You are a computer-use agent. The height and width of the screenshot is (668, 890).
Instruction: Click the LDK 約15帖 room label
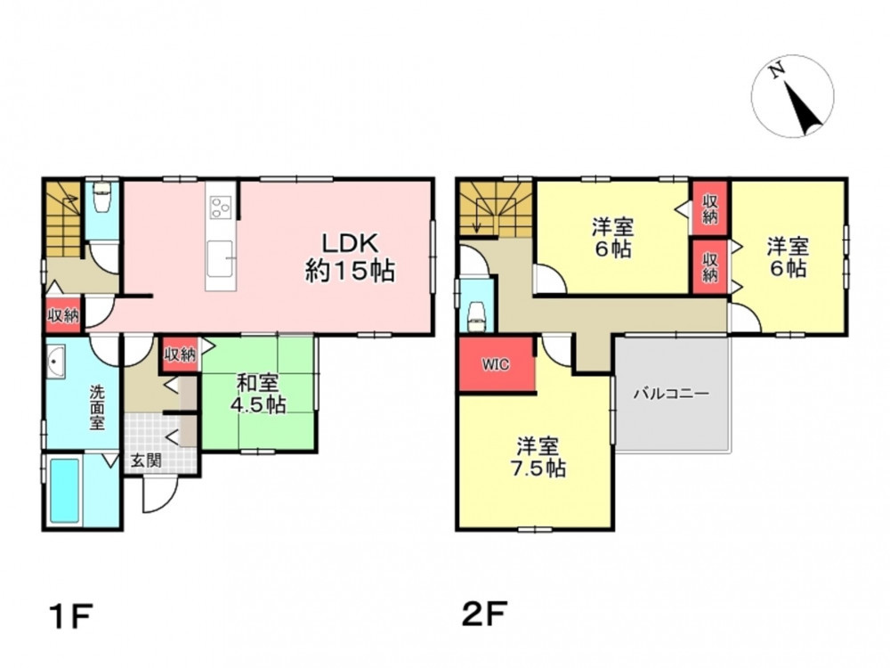tap(350, 258)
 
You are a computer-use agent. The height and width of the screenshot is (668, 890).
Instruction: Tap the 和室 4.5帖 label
tap(258, 394)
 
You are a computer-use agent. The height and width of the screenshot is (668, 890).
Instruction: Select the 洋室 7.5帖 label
tap(540, 457)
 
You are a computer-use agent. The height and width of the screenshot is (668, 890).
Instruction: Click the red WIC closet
tap(496, 364)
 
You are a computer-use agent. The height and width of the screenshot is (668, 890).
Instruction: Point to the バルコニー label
tap(671, 393)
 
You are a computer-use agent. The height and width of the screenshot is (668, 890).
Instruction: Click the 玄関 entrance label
tap(147, 460)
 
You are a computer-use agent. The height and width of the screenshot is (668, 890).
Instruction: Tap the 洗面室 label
tap(97, 407)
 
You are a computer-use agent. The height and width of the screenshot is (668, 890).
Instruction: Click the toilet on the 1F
tap(102, 197)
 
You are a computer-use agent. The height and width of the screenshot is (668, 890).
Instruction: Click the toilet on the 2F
tap(477, 314)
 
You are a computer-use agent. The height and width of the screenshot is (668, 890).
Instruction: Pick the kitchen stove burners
tap(220, 207)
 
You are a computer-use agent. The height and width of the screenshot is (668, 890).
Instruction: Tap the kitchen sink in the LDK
tap(220, 259)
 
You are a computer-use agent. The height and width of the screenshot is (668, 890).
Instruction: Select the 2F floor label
tap(483, 614)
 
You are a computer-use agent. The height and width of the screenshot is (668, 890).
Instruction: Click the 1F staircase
tap(63, 219)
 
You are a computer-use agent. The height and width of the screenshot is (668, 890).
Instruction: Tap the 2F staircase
tap(496, 208)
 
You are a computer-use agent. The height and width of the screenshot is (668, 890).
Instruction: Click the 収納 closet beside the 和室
tap(180, 355)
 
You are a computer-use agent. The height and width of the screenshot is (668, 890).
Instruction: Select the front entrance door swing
tap(159, 494)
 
